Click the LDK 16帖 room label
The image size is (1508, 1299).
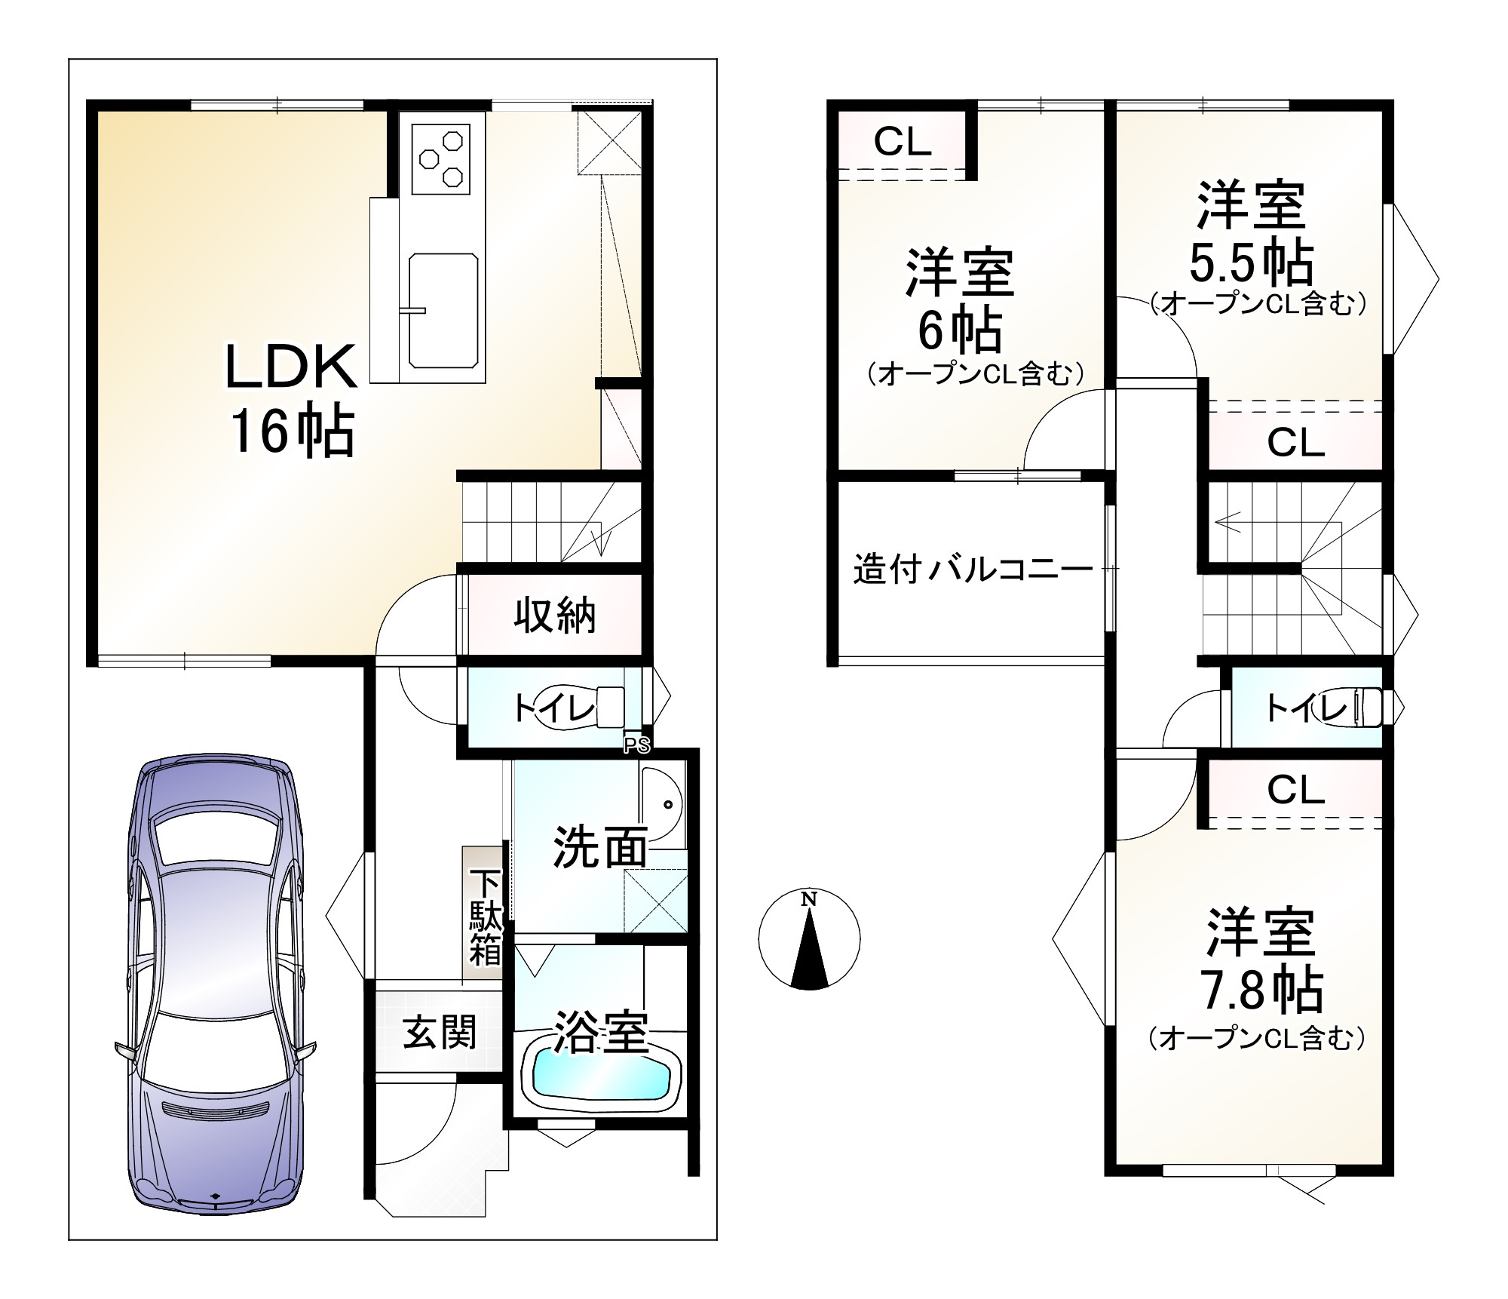tap(291, 399)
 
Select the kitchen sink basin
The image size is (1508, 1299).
tap(443, 311)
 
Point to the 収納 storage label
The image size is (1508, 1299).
tap(555, 616)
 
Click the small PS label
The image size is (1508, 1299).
tap(636, 745)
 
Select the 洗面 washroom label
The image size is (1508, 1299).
tap(600, 846)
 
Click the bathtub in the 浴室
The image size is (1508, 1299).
tap(601, 1076)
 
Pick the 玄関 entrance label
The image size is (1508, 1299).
tap(440, 1032)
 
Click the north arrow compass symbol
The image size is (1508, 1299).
tap(809, 940)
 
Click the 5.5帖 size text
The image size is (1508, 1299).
tap(1252, 262)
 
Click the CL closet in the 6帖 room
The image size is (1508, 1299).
tap(903, 140)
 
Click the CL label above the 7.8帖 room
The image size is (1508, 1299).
tap(1295, 791)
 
